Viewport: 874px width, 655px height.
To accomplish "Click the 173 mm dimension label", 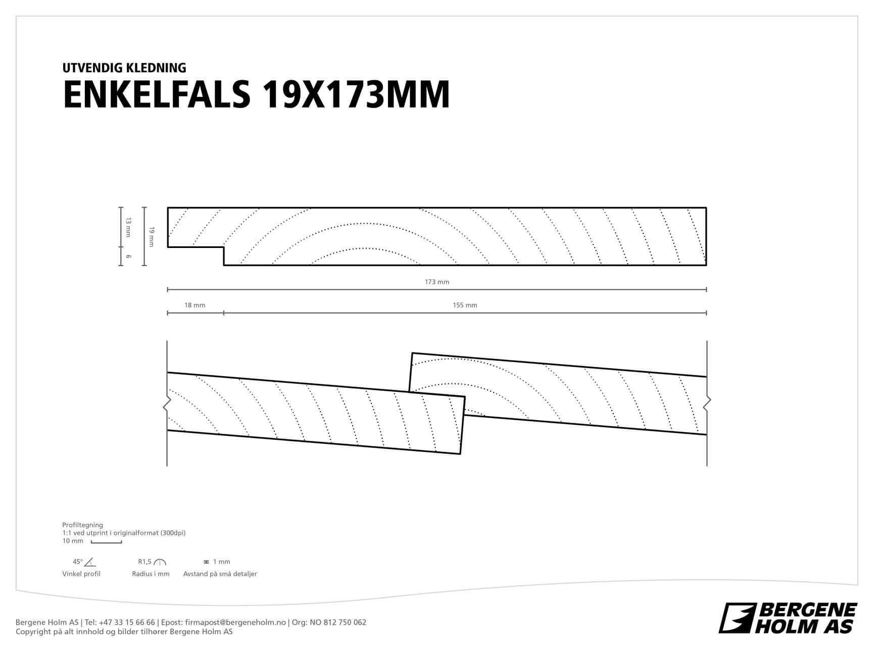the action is pos(436,282).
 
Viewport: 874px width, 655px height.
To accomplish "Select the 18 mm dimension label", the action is pos(195,305).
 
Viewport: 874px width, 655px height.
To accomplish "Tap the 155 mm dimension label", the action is pos(465,305).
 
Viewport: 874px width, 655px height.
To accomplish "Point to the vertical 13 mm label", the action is pos(128,227).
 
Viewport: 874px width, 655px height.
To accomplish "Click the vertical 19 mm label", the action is pos(152,237).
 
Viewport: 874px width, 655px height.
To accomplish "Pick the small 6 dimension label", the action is pos(128,257).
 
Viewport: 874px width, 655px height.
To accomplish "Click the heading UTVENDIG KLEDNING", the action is pos(124,68).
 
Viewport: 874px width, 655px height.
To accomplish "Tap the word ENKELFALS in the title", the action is pos(157,94).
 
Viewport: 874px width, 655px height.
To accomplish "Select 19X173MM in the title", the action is pos(356,94).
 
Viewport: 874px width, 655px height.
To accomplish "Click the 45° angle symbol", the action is pos(89,562).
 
